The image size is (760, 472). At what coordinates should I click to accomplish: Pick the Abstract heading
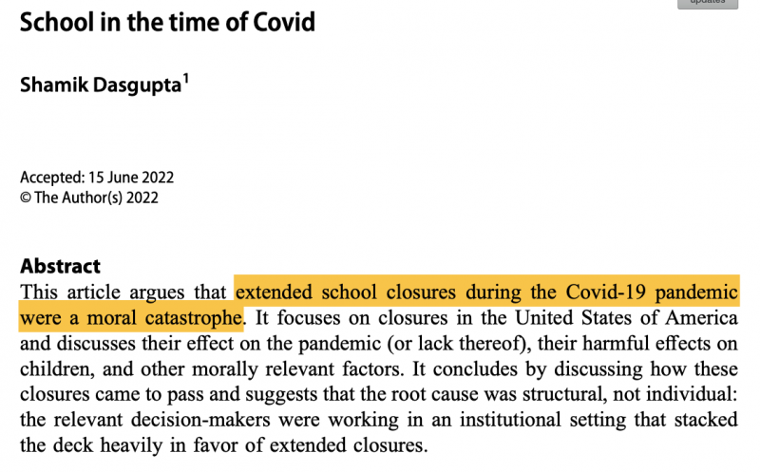[x=60, y=266]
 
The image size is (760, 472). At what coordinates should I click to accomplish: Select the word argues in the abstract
[x=132, y=291]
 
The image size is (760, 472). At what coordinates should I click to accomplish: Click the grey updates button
[x=707, y=3]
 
